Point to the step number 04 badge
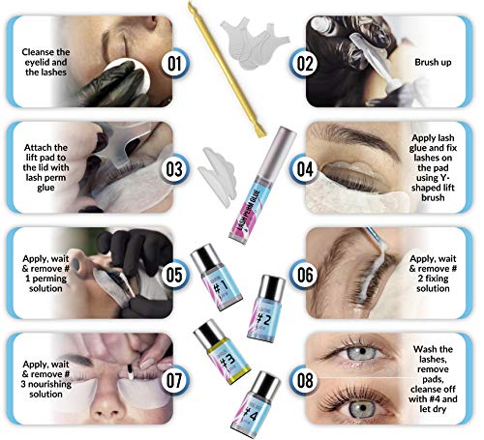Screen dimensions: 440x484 [x=305, y=166]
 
